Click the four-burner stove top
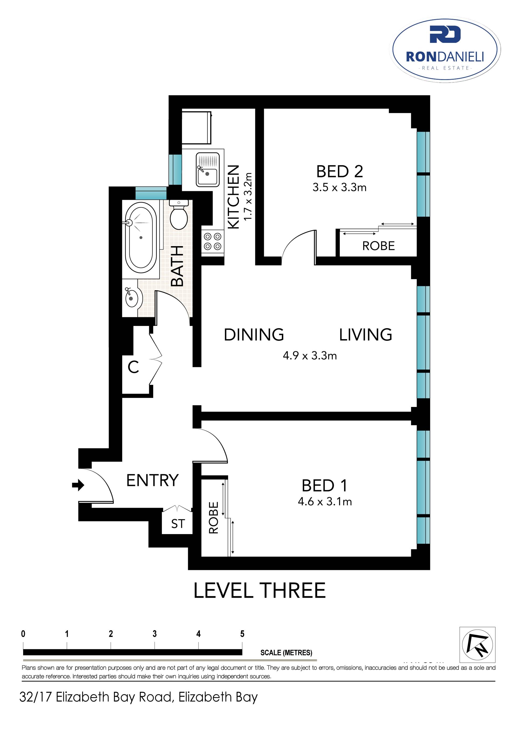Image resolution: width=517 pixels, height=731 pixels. click(213, 241)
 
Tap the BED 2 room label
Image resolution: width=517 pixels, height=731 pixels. click(339, 172)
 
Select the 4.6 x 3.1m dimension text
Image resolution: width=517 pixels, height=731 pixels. click(325, 502)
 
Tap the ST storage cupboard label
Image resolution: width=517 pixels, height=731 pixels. click(178, 524)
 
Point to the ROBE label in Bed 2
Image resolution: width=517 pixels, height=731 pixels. click(379, 246)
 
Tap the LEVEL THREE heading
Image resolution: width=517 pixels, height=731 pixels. click(260, 591)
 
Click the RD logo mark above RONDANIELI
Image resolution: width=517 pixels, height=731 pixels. click(445, 34)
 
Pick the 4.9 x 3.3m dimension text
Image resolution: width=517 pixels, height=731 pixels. click(310, 356)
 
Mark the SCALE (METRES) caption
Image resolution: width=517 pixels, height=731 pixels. click(286, 653)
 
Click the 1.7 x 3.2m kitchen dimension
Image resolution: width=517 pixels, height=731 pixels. click(248, 196)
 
